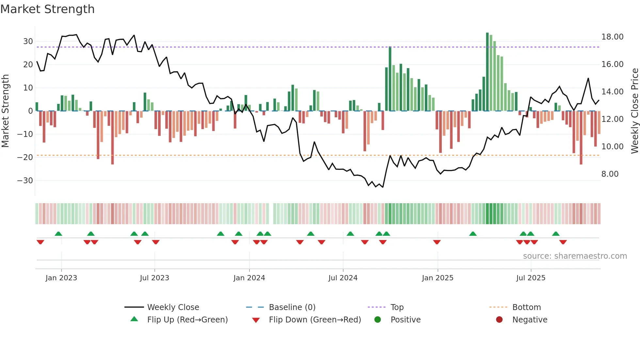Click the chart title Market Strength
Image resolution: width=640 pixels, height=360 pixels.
pos(47,9)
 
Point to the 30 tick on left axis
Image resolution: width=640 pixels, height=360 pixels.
pos(28,41)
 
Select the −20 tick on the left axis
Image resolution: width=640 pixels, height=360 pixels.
pos(25,157)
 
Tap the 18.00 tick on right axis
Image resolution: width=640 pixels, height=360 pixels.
pos(612,37)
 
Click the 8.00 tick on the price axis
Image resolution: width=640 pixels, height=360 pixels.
pos(610,174)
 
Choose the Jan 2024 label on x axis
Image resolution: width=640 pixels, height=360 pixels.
pos(249,278)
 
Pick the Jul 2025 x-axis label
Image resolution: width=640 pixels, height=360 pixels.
pos(531,278)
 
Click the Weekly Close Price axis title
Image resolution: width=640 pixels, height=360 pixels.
pos(634,111)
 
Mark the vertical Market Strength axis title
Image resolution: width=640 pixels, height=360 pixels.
pos(5,111)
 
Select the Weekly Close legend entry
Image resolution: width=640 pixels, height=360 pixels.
pos(173,307)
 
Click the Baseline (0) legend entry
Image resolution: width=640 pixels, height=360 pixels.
pos(292,307)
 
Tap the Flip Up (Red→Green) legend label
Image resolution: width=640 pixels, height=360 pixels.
pos(187,320)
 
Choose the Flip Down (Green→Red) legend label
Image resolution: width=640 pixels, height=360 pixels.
pos(315,320)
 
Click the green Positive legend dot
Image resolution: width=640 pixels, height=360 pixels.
pos(377,319)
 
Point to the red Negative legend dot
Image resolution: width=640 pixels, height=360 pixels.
pos(499,319)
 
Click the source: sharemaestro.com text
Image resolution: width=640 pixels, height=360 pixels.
pos(575,256)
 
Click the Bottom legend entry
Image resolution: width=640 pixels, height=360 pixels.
pos(526,307)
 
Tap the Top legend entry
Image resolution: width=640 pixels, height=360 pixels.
pos(397,307)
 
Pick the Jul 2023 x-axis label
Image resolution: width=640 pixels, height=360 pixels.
pos(154,278)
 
